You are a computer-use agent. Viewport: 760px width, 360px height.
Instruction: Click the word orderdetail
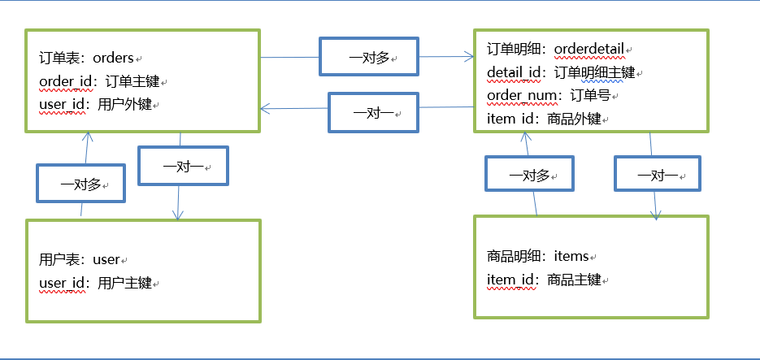[x=588, y=50]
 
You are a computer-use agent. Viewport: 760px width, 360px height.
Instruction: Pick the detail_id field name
[x=514, y=73]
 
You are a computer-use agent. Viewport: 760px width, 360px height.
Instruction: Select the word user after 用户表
[x=106, y=260]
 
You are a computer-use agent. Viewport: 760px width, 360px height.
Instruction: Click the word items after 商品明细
[x=571, y=257]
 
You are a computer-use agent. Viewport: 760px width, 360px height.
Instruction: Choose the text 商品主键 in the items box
[x=574, y=280]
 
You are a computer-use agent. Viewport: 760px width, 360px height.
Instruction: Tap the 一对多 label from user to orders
[x=80, y=184]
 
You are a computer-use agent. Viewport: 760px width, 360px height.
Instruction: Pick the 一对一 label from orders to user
[x=182, y=167]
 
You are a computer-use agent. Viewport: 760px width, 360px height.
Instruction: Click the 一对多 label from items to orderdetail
[x=528, y=176]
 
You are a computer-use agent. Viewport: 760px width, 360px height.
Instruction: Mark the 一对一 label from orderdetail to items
[x=656, y=176]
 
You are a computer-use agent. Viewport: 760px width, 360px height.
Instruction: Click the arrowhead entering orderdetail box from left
[x=468, y=57]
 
